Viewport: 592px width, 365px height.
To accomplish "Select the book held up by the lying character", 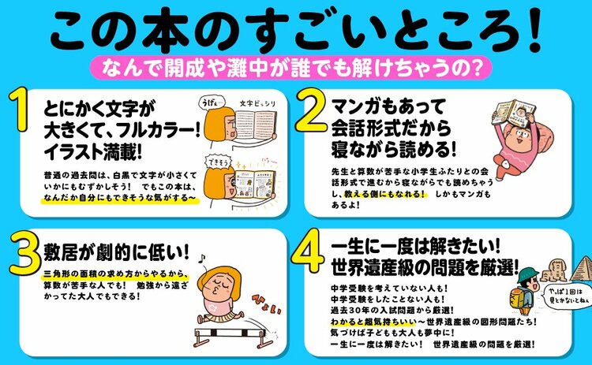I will pyautogui.click(x=504, y=117).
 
